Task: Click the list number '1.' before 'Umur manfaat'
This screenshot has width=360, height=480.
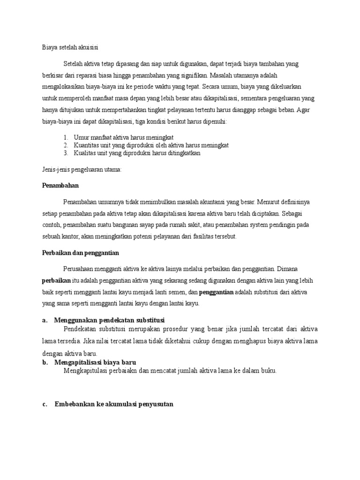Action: click(x=66, y=137)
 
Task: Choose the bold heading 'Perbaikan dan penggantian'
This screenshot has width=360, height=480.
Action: click(x=81, y=253)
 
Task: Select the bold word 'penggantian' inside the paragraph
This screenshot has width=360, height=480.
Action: click(x=217, y=292)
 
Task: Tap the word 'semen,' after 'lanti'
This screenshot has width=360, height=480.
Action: click(x=179, y=292)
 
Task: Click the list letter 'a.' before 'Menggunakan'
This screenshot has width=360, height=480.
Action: click(x=45, y=320)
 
